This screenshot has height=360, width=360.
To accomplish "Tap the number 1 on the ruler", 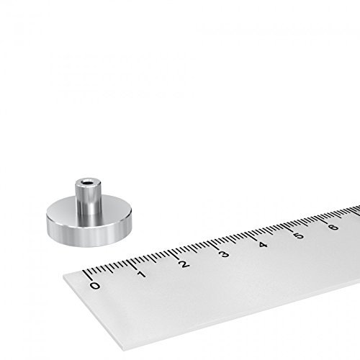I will pos(140,274).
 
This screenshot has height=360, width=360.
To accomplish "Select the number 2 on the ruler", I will pos(184,264).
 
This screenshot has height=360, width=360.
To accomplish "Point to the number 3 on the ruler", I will pos(224,254).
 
